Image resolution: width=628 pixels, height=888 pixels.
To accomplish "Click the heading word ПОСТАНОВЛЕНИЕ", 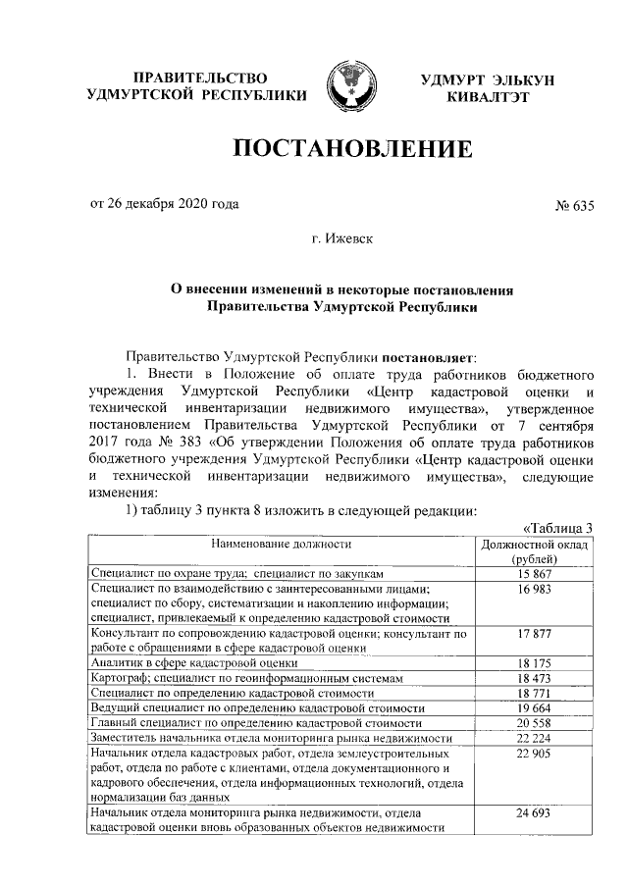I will point(352,149).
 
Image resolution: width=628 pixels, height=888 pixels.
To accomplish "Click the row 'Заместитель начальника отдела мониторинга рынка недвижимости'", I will point(270,737).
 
